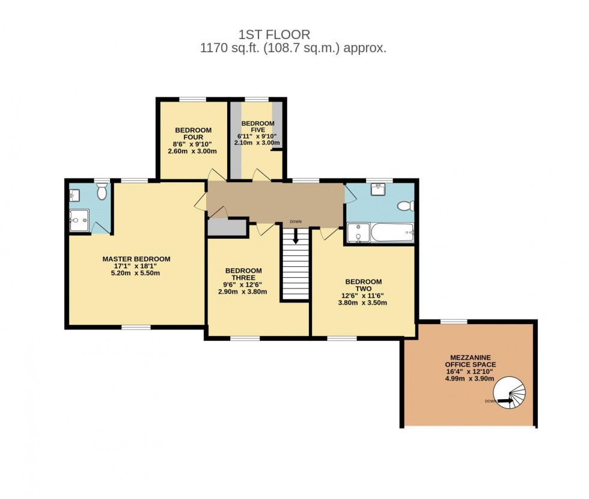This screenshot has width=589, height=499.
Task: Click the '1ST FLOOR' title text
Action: pyautogui.click(x=274, y=35)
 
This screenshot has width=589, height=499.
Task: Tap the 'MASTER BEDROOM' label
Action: pyautogui.click(x=136, y=259)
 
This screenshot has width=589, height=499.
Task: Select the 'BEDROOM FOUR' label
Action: pyautogui.click(x=193, y=133)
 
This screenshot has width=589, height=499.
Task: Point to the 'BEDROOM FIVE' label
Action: pyautogui.click(x=258, y=127)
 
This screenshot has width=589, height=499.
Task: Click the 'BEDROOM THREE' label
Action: pyautogui.click(x=243, y=274)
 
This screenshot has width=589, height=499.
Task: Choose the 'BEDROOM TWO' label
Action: pyautogui.click(x=363, y=285)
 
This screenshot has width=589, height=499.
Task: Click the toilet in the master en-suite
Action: pyautogui.click(x=102, y=192)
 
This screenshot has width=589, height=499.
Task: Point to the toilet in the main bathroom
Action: pyautogui.click(x=406, y=206)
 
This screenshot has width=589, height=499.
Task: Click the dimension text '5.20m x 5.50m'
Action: pyautogui.click(x=136, y=273)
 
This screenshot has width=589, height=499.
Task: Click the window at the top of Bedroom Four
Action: pyautogui.click(x=192, y=99)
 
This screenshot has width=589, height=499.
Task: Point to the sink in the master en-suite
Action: pyautogui.click(x=74, y=195)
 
